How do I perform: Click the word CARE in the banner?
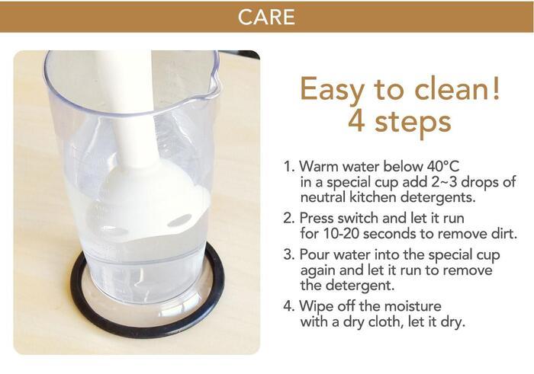[266, 17]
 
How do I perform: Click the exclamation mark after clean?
[496, 88]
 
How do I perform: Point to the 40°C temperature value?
[442, 166]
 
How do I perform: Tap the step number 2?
[288, 219]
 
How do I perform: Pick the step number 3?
[288, 254]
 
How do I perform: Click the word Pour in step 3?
[314, 254]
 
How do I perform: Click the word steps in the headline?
[413, 123]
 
